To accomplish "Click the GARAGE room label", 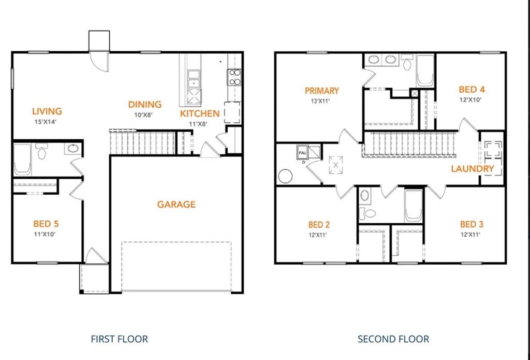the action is [x=176, y=205].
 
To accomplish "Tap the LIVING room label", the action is [x=47, y=111].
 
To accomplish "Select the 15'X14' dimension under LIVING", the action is [x=46, y=121].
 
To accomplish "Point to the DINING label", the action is [x=145, y=105].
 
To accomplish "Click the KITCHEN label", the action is [x=200, y=113].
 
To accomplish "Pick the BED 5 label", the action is [x=46, y=224].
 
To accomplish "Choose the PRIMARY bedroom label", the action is [x=322, y=91].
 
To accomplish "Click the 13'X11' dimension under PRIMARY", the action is [x=320, y=100].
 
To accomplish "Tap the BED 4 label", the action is [x=472, y=90].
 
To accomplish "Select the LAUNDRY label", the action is [x=473, y=168].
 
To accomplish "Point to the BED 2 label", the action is [x=319, y=225].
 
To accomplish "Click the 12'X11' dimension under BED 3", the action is [x=470, y=234].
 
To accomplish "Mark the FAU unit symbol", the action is [x=302, y=152].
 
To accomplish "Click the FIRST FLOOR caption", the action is [x=120, y=339].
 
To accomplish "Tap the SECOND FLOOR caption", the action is [x=393, y=339].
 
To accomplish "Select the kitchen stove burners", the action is [x=234, y=77].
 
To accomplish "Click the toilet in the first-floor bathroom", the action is [x=42, y=151].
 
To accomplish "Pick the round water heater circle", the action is [x=285, y=176].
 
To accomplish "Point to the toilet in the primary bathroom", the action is [x=407, y=63].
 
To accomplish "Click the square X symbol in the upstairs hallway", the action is [x=335, y=165].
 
